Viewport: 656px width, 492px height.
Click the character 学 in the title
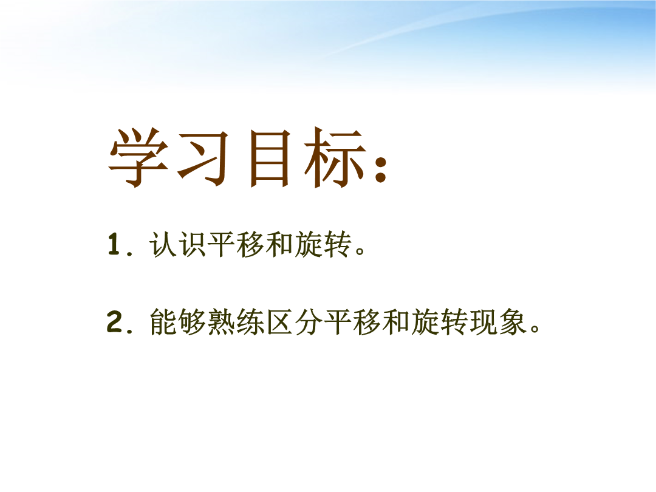(138, 158)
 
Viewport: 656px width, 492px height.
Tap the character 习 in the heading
(203, 158)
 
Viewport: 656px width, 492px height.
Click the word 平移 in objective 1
(236, 244)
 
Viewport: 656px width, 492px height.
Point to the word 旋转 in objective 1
(323, 244)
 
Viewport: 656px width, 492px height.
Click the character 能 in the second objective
(163, 322)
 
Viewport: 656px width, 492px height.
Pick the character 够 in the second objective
(192, 322)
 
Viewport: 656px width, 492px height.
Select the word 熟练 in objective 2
(236, 322)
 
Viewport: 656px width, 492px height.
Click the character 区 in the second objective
(279, 322)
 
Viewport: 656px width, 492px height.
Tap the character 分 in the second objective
(309, 322)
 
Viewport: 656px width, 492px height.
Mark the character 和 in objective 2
(395, 322)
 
